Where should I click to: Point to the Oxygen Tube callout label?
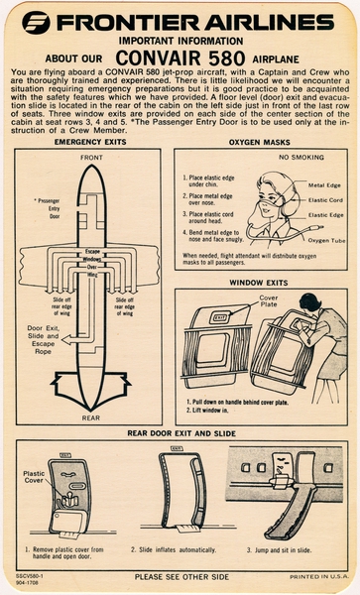point(324,240)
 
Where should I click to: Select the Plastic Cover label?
point(34,478)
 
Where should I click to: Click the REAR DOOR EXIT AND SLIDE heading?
point(180,432)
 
